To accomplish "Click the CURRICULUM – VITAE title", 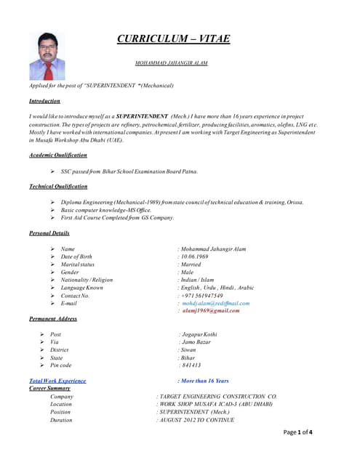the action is pos(173,39).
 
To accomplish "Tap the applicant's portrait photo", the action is pos(47,55).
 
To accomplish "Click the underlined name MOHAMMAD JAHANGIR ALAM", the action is pos(172,63).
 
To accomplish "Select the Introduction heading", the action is pos(44,101).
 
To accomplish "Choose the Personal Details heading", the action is pos(49,233).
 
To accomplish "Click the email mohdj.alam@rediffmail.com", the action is pos(216,303).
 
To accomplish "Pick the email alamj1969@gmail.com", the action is pos(211,311).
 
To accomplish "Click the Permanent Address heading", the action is pos(53,319).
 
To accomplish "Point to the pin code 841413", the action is pos(191,365).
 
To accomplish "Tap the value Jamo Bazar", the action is pos(196,342).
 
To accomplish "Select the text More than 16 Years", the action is pos(204,381).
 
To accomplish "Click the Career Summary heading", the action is pos(49,389).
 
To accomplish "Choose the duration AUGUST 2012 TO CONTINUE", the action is pos(196,420).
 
